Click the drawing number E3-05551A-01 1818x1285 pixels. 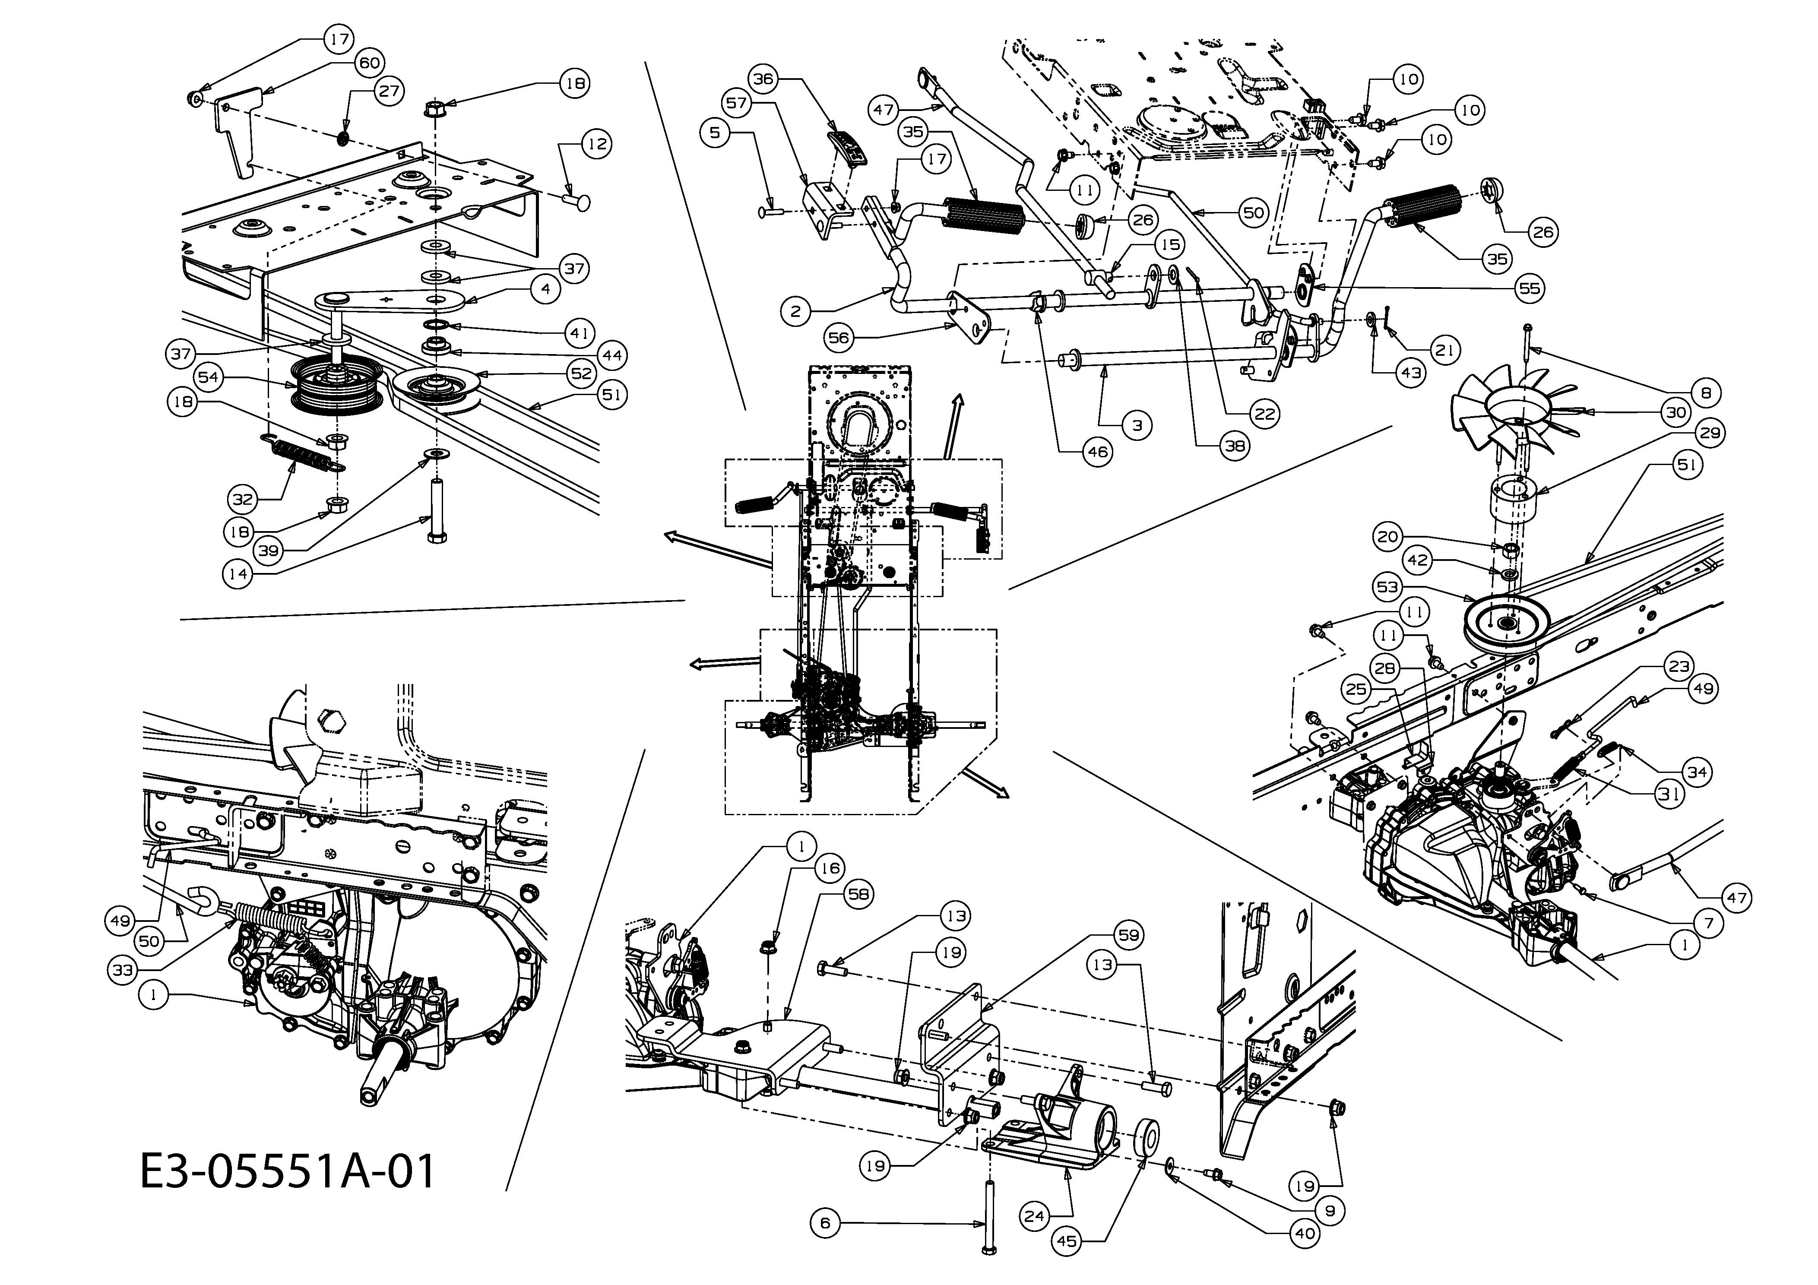(x=288, y=1172)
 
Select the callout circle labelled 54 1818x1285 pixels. (x=208, y=378)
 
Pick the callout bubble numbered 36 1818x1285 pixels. (x=764, y=79)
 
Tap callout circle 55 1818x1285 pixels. (x=1530, y=288)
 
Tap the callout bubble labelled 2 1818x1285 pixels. (x=795, y=312)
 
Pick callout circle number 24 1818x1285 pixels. (x=1034, y=1215)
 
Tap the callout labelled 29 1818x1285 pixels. (x=1711, y=432)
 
